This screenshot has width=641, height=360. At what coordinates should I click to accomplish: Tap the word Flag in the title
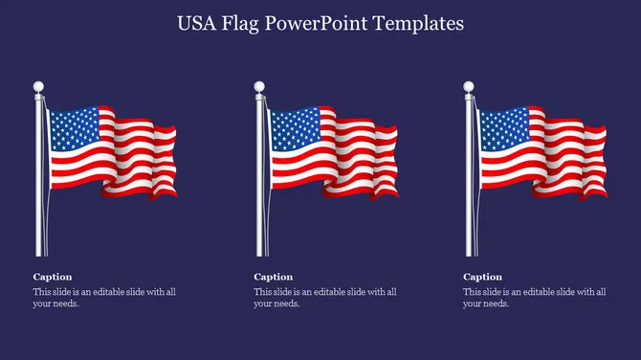coord(245,24)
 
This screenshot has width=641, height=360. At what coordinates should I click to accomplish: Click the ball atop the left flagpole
coord(39,88)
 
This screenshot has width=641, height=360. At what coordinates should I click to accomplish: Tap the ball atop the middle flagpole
coord(259,88)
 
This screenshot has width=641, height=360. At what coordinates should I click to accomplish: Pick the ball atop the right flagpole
coord(469,88)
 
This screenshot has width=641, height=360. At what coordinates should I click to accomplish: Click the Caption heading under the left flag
coord(53,277)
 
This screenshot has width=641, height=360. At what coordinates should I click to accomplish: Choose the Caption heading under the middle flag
coord(274,277)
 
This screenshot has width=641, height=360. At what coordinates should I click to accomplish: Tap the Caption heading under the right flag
coord(483,277)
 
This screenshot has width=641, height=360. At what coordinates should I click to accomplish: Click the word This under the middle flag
coord(263,292)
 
